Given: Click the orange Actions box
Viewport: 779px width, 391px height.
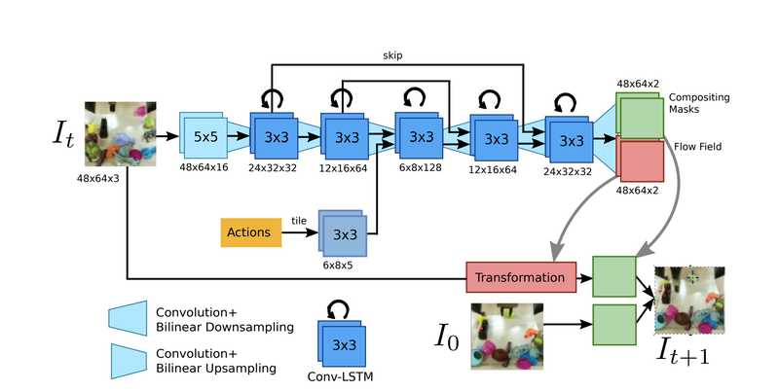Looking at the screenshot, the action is (251, 232).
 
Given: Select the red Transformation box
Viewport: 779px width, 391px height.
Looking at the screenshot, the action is (521, 277).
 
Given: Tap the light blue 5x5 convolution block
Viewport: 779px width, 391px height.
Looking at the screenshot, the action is (204, 135).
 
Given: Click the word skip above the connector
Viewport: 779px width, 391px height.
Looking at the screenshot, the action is (392, 55).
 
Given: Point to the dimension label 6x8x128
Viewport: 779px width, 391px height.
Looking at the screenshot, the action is (421, 167).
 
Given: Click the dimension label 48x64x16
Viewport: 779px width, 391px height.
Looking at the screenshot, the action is (204, 167).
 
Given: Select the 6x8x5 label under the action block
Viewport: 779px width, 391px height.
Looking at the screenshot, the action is (338, 266).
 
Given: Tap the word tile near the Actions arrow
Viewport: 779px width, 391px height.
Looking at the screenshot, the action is (299, 221).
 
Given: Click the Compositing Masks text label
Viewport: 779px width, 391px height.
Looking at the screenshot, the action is (699, 103).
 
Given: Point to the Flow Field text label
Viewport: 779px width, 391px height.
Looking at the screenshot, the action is (698, 146).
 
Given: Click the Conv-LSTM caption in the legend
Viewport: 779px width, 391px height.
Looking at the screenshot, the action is (340, 376).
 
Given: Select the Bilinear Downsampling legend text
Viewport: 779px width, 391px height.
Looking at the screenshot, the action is (225, 320).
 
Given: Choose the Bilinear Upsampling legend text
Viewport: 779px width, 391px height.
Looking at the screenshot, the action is (216, 361).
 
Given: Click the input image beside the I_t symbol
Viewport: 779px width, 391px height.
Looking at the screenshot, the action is (120, 134).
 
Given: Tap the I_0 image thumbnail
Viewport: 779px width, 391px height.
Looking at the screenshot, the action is (506, 337).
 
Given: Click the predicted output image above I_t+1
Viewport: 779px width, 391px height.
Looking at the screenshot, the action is (689, 301).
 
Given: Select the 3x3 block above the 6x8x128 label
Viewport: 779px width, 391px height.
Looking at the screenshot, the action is (419, 135).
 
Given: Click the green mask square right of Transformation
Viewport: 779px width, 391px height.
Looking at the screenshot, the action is (614, 276).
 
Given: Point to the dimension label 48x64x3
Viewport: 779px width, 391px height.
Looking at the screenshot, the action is (98, 178).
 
